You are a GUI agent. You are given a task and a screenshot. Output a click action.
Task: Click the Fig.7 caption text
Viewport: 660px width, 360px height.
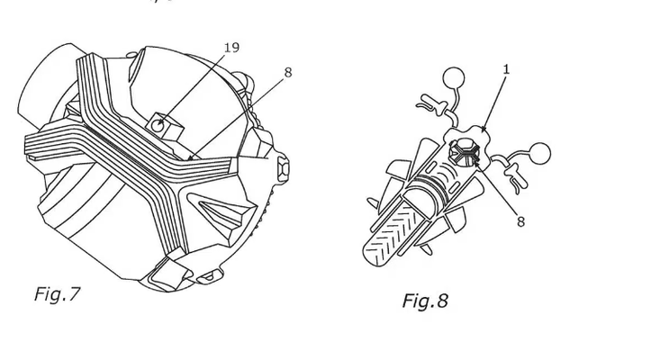[x=57, y=294]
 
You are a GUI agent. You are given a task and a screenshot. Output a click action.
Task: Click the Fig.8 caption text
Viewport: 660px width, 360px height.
[x=425, y=301]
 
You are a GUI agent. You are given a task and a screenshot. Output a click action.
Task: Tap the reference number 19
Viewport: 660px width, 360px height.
[x=231, y=48]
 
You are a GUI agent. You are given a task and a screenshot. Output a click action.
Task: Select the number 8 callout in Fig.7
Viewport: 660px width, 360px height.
[x=288, y=72]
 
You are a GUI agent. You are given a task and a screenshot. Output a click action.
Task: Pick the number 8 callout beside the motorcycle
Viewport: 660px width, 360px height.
[x=520, y=221]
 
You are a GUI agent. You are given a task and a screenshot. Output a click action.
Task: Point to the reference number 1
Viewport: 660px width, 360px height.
[x=506, y=69]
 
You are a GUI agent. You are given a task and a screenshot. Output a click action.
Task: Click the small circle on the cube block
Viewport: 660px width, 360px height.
[x=158, y=125]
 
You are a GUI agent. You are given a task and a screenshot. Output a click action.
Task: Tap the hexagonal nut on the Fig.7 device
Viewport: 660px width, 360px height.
[x=283, y=167]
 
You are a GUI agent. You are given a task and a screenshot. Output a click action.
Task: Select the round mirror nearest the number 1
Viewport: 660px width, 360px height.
[x=454, y=78]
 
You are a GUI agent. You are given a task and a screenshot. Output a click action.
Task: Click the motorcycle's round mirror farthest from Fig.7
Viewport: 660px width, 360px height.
[x=539, y=154]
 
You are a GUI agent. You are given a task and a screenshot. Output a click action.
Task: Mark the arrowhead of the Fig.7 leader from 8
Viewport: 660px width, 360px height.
[x=191, y=158]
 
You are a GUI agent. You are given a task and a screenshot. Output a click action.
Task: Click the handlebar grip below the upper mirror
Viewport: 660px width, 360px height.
[x=429, y=103]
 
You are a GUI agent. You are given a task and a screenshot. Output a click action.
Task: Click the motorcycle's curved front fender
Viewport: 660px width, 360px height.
[x=424, y=193]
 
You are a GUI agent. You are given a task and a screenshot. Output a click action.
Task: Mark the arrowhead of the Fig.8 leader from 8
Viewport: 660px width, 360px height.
[x=476, y=161]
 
